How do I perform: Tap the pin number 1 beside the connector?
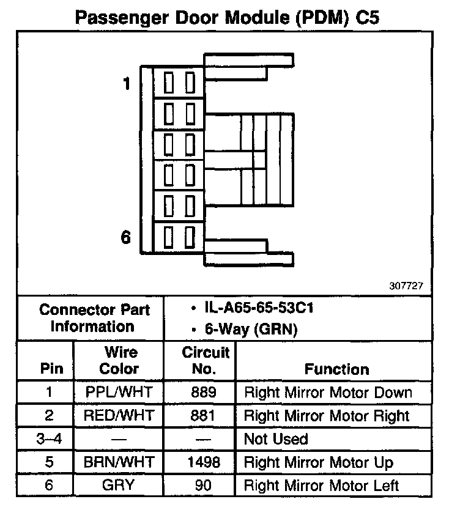coord(127,84)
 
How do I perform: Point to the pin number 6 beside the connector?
coord(126,237)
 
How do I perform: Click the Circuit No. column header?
coord(206,360)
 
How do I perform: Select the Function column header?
coord(336,369)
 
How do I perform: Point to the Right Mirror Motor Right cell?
coord(327,416)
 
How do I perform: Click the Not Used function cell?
coord(276,439)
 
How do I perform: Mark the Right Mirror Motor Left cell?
coord(322,486)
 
